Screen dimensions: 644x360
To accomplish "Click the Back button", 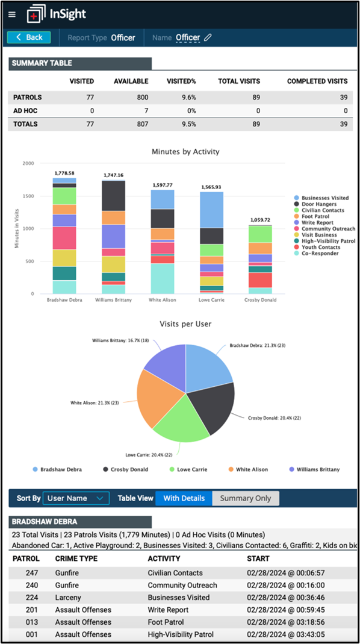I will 29,37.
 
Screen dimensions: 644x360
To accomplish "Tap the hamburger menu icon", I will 12,14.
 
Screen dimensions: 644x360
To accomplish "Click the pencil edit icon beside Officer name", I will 208,37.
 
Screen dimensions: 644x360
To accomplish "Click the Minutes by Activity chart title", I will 185,152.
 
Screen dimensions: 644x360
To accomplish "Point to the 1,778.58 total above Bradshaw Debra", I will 64,173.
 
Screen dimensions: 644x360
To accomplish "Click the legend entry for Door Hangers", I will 319,204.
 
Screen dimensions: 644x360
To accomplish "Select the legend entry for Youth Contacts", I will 320,247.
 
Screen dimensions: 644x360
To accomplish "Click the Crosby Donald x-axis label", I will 259,299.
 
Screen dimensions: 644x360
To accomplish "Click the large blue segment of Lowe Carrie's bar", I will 211,210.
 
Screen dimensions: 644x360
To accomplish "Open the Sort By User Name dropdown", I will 76,498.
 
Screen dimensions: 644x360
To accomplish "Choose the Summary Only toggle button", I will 245,498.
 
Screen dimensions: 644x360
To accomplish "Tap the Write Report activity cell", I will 168,610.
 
